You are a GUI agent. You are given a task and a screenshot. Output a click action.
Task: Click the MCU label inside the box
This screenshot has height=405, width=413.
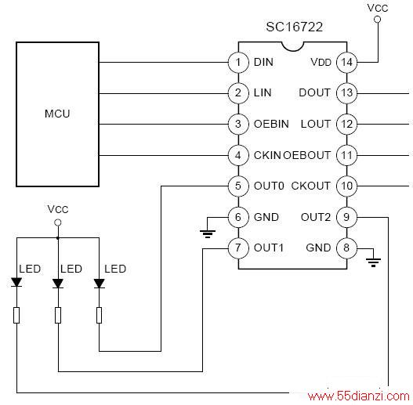click(x=57, y=114)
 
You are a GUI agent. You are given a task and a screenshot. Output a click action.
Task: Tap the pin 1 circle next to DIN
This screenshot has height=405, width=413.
click(x=238, y=63)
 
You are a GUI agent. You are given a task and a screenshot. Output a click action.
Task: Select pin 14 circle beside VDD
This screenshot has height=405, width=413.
click(x=347, y=63)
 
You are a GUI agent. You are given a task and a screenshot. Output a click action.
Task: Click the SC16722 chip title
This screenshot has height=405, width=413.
click(x=294, y=27)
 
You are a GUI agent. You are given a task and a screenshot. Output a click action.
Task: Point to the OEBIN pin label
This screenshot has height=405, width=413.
click(x=271, y=124)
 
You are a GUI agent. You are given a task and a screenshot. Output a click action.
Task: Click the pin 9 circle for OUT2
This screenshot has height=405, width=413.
click(x=347, y=217)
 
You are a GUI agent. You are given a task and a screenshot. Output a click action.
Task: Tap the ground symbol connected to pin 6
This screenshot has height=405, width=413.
click(x=208, y=234)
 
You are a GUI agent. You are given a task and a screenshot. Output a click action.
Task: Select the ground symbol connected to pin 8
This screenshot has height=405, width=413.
click(x=373, y=262)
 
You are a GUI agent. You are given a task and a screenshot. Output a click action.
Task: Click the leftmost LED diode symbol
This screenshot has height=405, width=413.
click(x=16, y=283)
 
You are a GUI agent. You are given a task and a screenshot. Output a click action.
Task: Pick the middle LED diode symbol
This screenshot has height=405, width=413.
click(x=58, y=284)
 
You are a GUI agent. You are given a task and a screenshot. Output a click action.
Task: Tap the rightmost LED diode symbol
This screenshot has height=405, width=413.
click(x=100, y=284)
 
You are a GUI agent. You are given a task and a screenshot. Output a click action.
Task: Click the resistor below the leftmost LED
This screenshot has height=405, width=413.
click(x=16, y=315)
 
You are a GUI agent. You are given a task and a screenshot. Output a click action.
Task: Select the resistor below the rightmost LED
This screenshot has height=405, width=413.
click(x=99, y=315)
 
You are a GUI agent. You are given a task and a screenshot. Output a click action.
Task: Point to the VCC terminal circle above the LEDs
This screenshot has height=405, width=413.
click(x=58, y=222)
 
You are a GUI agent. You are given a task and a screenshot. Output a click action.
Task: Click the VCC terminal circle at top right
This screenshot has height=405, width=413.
click(x=378, y=20)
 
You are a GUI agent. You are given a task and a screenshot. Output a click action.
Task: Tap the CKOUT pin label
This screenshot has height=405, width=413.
click(x=310, y=186)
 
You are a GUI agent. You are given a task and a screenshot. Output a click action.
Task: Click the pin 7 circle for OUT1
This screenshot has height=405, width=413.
click(x=238, y=248)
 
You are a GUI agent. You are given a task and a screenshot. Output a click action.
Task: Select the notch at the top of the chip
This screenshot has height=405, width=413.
click(x=293, y=46)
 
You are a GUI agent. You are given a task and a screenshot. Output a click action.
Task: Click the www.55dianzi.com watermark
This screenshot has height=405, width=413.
click(x=358, y=396)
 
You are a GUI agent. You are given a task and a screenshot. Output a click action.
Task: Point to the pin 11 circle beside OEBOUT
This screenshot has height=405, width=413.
click(x=347, y=155)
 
